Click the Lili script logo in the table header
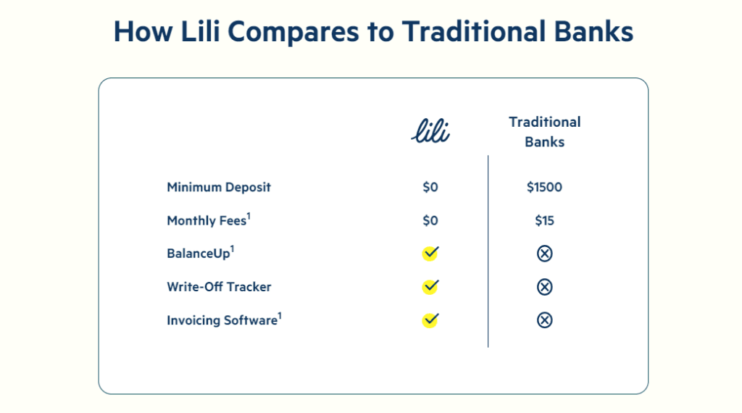click(x=430, y=130)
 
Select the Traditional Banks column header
click(x=545, y=132)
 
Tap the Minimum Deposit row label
click(x=219, y=188)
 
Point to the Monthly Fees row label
click(x=209, y=220)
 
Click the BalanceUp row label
click(x=200, y=253)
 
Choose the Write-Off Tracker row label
click(x=219, y=287)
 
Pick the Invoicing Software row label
click(x=225, y=320)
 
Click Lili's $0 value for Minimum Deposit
click(x=430, y=188)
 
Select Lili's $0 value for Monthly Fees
click(x=430, y=220)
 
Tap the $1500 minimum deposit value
click(x=545, y=188)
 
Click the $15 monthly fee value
click(x=545, y=220)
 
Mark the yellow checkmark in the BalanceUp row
click(x=430, y=253)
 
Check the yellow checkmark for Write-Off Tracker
click(x=430, y=287)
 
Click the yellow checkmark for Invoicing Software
click(x=430, y=320)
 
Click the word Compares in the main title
click(x=293, y=32)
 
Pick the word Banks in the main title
click(x=593, y=31)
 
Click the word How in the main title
click(x=143, y=31)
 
